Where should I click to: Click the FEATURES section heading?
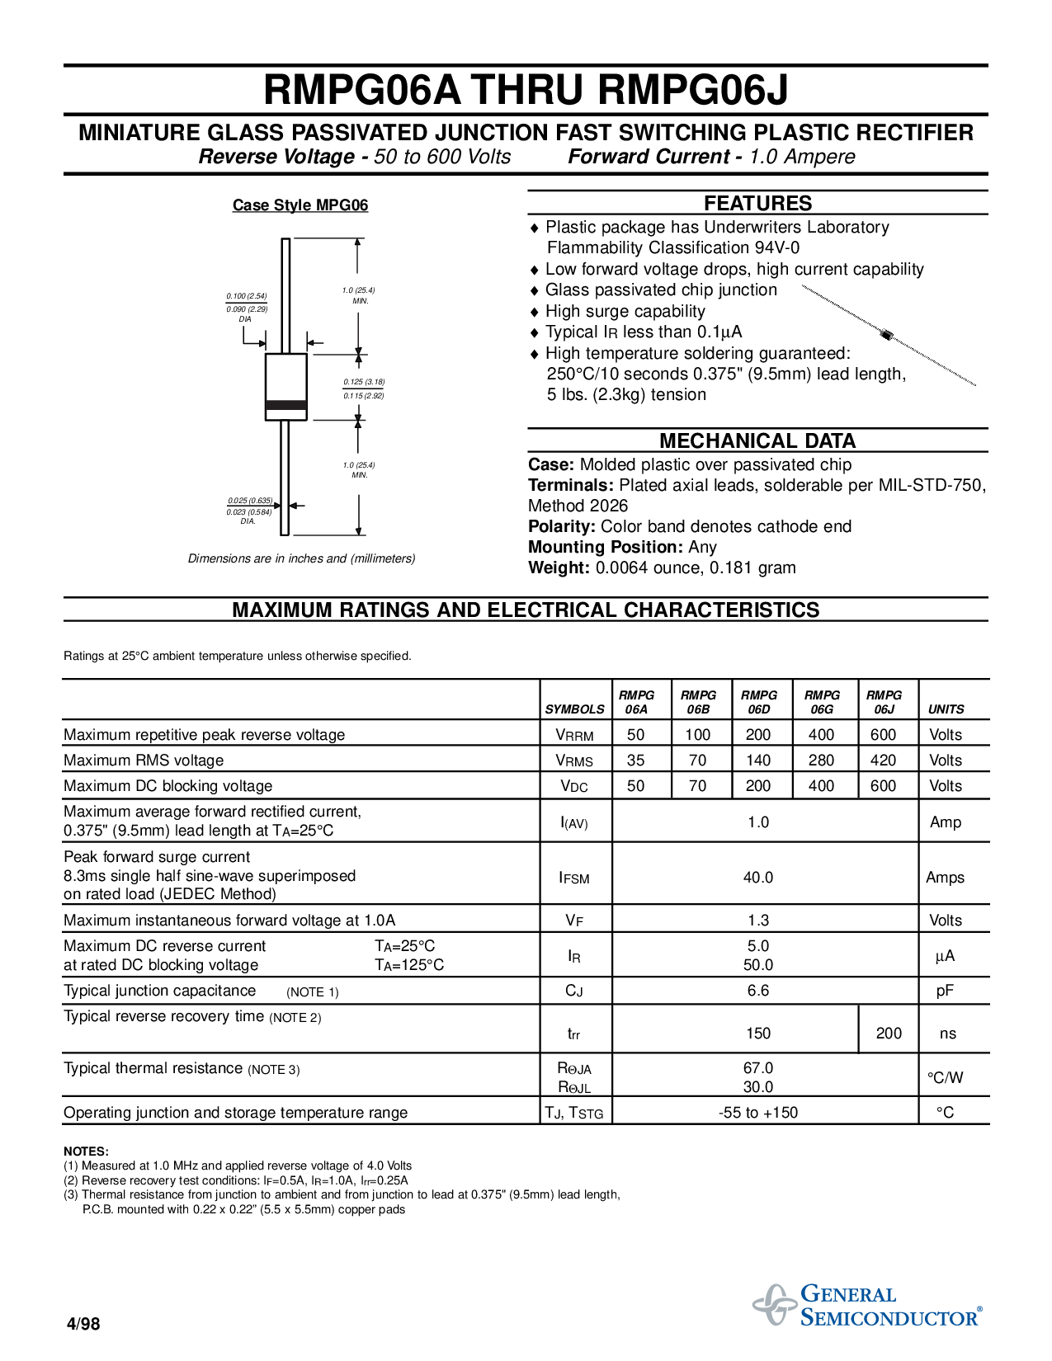757,204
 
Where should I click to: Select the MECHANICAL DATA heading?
757,441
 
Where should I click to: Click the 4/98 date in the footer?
83,1323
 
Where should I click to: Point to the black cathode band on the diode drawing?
285,405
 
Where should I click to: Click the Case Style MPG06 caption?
300,205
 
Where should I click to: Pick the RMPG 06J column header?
884,702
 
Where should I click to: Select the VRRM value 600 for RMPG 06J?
884,735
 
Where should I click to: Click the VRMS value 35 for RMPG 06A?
636,761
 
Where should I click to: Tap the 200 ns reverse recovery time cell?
889,1034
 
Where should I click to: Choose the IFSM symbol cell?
574,878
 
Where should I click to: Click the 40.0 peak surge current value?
758,878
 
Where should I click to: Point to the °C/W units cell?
945,1078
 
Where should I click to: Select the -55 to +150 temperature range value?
758,1113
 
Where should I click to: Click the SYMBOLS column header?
574,709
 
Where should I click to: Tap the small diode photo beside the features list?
889,336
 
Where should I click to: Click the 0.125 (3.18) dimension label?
364,382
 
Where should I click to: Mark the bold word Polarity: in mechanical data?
561,527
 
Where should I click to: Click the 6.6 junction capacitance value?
758,991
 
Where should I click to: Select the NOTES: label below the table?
87,1151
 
